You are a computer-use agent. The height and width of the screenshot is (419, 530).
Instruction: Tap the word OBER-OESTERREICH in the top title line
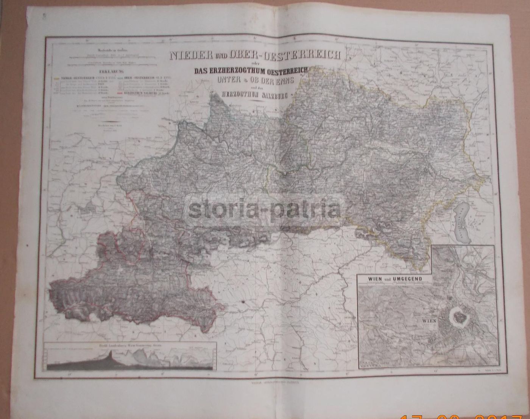pos(278,55)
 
